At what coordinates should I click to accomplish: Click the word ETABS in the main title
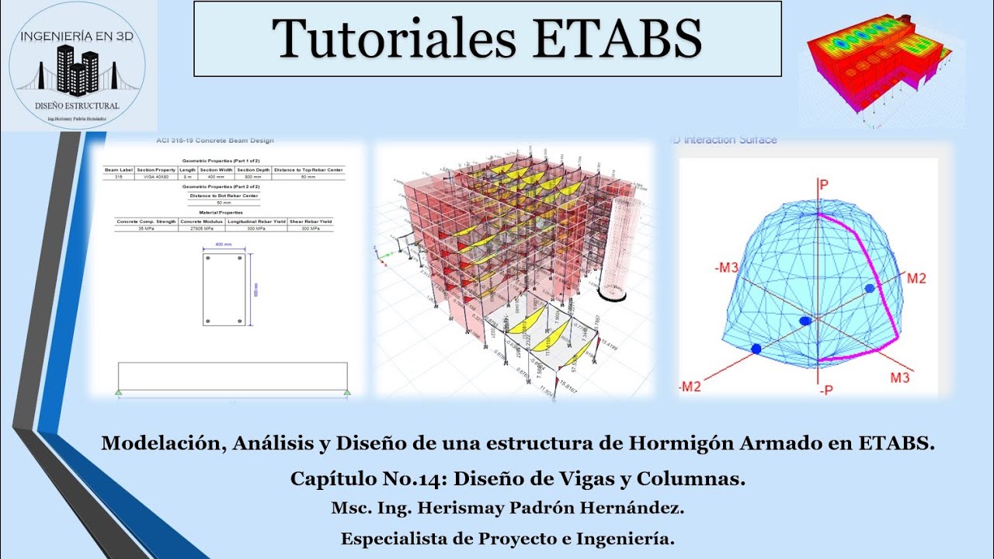tap(618, 38)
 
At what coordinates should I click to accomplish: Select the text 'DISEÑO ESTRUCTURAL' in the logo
tap(77, 106)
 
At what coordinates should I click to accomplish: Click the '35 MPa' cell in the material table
tap(146, 229)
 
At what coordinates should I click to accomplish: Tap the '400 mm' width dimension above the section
tap(224, 245)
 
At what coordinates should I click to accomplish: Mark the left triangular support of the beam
tap(118, 393)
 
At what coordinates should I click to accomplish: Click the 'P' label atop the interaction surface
tap(825, 184)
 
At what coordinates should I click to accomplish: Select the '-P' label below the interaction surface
tap(825, 391)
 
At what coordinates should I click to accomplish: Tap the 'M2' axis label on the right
tap(916, 279)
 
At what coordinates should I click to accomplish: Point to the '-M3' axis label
tap(728, 268)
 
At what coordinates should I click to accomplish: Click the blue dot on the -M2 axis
tap(756, 349)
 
